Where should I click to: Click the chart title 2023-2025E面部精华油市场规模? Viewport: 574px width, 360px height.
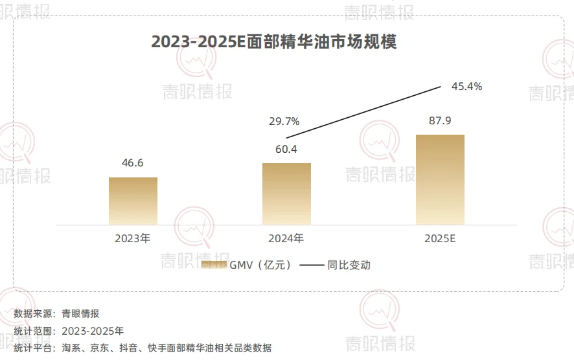point(273,41)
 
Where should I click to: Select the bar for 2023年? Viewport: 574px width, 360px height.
point(133,201)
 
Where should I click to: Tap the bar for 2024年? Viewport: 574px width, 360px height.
point(286,194)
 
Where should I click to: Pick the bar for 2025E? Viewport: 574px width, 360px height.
point(440,179)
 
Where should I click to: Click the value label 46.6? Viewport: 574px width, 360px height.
point(133,163)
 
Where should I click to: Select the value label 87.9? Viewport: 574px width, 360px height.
point(440,121)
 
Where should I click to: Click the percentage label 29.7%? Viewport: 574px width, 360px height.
point(284,121)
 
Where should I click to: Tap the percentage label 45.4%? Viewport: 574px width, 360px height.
point(466,86)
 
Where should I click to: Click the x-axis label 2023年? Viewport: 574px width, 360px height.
point(133,238)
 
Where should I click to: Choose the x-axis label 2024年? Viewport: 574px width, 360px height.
point(286,238)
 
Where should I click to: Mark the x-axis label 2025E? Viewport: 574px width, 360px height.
point(441,238)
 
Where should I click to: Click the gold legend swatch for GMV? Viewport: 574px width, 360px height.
point(213,265)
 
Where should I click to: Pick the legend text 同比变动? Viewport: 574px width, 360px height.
point(349,265)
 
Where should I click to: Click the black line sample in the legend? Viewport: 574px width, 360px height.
point(312,265)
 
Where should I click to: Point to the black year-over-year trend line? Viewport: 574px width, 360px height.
point(363,111)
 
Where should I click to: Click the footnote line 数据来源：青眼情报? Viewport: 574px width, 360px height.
point(56,314)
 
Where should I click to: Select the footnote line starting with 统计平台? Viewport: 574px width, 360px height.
point(143,348)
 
